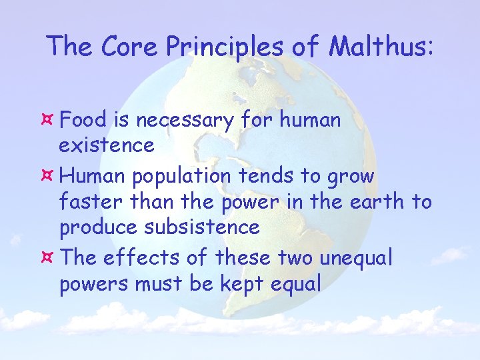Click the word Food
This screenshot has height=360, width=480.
coord(83,121)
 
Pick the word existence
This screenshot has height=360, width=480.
coord(107,145)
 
